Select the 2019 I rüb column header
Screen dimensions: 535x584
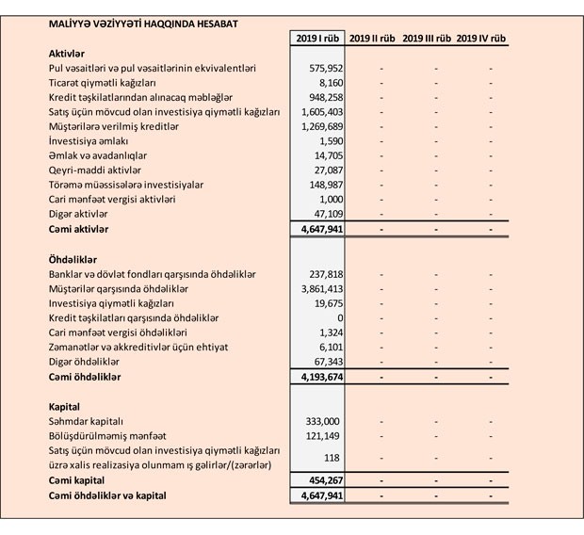[x=316, y=39]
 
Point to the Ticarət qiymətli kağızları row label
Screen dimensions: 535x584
[x=105, y=83]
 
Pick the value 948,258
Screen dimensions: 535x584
[x=323, y=98]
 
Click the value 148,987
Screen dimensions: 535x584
[x=323, y=185]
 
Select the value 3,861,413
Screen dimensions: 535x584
[x=318, y=288]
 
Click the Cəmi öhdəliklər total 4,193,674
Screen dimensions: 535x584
[x=318, y=378]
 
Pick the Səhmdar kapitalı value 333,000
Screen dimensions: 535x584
[x=323, y=421]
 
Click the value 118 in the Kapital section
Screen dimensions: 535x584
[x=331, y=458]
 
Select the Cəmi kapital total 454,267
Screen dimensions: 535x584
[x=323, y=480]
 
